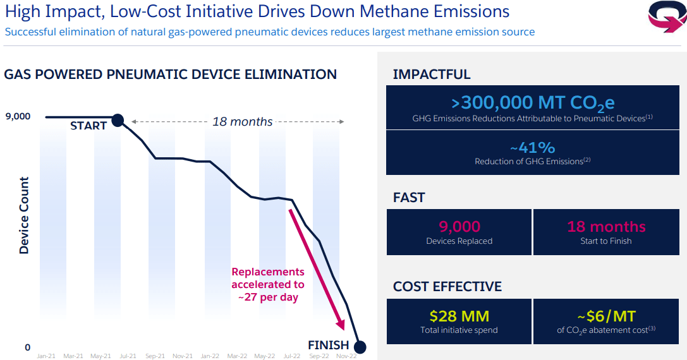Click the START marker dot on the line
click(118, 120)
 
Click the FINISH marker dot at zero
click(360, 347)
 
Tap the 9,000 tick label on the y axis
click(18, 116)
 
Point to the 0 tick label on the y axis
click(27, 347)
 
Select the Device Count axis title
click(24, 216)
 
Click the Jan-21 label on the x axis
click(46, 356)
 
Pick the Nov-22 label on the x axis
click(346, 356)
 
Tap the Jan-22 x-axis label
click(209, 356)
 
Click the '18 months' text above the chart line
click(242, 121)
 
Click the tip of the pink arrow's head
click(344, 329)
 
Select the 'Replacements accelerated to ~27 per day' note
click(267, 284)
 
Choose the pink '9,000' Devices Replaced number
click(459, 226)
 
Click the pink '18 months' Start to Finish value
click(606, 226)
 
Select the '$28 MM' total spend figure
click(459, 316)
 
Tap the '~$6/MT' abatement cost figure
click(606, 316)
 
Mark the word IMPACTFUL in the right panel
click(432, 74)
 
